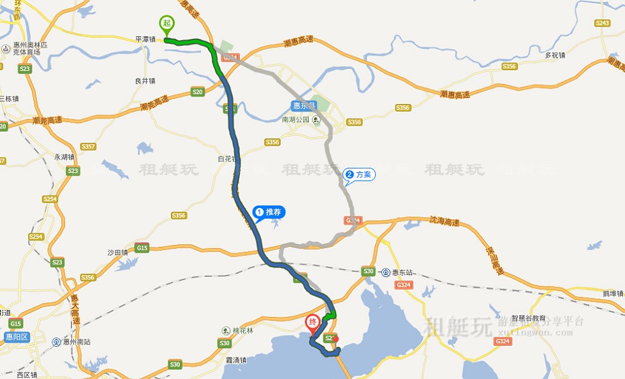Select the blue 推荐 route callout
click(268, 211)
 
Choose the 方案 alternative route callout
click(359, 174)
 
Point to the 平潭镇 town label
click(146, 39)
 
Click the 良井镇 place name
click(145, 81)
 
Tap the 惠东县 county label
click(303, 106)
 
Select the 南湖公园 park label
click(295, 119)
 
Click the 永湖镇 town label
click(64, 156)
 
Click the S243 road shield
click(602, 23)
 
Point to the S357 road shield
click(89, 147)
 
